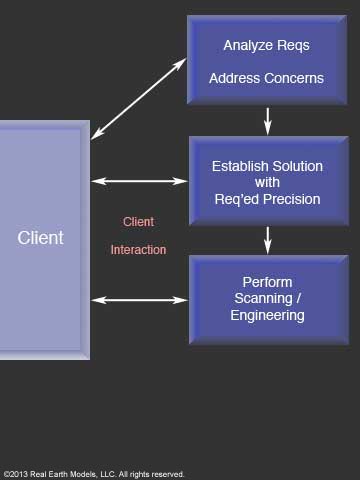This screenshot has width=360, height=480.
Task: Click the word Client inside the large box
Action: (40, 238)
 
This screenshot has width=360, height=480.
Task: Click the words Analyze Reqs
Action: (266, 45)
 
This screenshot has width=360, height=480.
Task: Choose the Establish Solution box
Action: (266, 181)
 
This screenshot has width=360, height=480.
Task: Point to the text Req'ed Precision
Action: (266, 199)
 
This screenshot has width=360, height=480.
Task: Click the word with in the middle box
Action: (266, 182)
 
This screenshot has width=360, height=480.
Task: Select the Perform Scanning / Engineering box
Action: (266, 299)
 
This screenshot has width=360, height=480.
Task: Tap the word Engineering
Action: (267, 316)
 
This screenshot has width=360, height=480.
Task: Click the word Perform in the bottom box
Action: (267, 281)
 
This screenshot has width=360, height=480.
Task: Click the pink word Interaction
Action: (138, 250)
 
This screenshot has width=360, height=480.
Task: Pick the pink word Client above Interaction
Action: (138, 222)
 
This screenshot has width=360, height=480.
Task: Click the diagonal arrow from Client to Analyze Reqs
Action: (138, 97)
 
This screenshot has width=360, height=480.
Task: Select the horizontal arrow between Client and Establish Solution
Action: (139, 181)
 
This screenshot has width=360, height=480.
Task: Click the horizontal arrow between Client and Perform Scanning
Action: (139, 299)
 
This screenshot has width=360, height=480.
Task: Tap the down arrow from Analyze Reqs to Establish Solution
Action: (267, 120)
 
